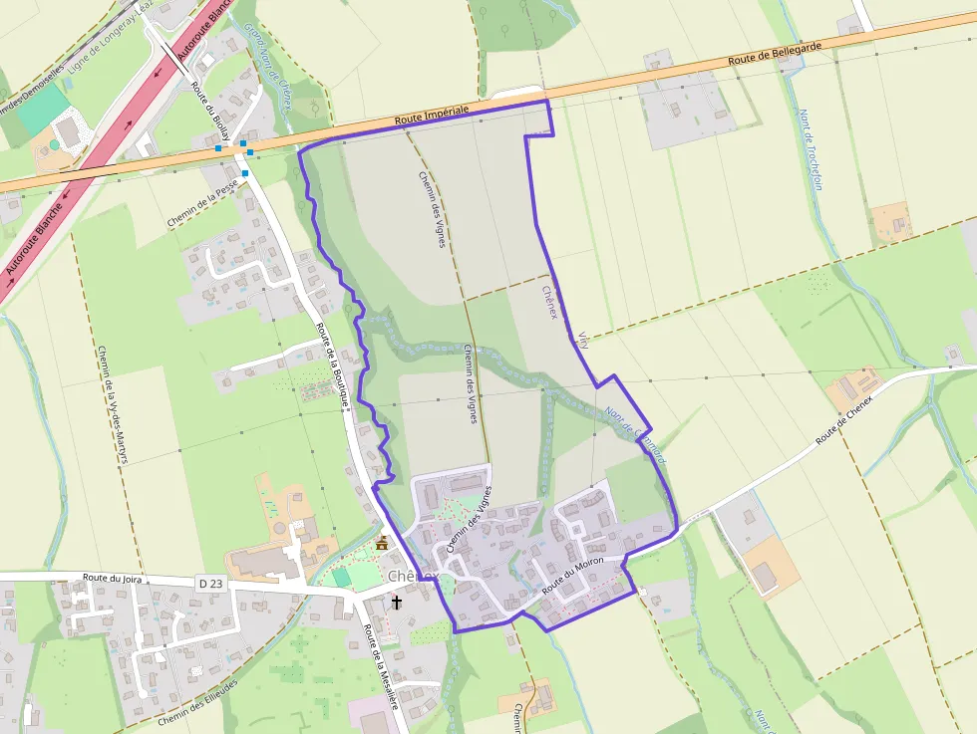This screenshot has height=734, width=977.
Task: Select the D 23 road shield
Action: (210, 583)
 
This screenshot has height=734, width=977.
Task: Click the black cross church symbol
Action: (397, 602)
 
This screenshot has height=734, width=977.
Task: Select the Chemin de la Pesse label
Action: (203, 203)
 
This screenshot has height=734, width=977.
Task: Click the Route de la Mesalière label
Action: (381, 666)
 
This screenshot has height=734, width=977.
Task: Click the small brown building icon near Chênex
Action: (382, 543)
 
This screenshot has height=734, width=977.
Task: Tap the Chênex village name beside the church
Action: (414, 577)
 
